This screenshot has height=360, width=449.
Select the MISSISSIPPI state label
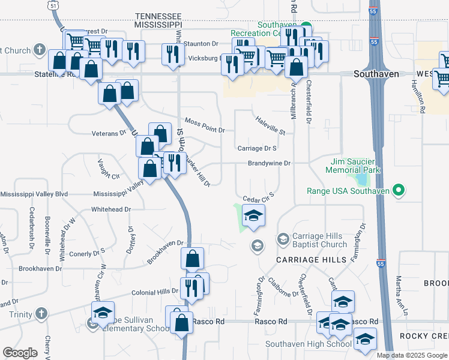pos(158,25)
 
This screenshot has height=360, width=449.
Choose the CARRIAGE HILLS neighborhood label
pos(311,259)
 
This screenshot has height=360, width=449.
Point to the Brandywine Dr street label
pos(270,163)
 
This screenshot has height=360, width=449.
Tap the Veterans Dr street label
pos(109,133)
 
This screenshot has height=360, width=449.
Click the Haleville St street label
pos(270,126)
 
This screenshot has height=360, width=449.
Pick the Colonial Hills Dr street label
pos(155,292)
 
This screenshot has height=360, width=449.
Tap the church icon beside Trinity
pos(41,314)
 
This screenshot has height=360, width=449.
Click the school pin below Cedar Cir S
pos(253,216)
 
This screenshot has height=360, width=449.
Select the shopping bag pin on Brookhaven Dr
pos(193,259)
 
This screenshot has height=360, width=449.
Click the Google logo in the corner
pos(20,353)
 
